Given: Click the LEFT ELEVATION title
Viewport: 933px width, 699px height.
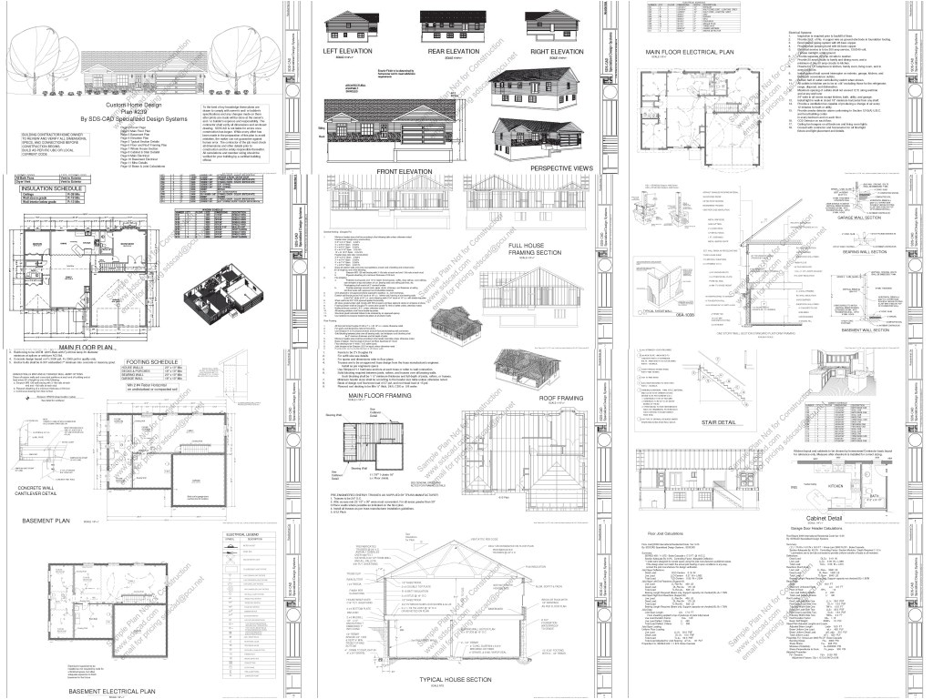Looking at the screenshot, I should pos(349,52).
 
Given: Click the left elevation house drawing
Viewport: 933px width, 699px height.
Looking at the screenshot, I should pos(350,25).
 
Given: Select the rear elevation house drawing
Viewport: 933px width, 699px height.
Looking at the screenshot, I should pos(453,25).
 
